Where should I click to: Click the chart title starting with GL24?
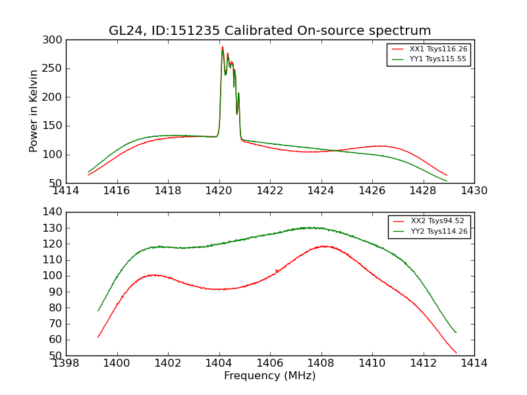[x=270, y=31]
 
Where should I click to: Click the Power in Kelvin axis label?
[x=34, y=111]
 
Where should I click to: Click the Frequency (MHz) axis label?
[x=270, y=376]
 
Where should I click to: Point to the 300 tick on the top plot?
[x=54, y=40]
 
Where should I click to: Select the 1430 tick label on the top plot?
[x=474, y=191]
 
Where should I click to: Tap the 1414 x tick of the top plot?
[x=67, y=191]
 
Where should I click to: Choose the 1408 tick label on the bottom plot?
[x=321, y=363]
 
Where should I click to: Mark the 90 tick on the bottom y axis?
[x=57, y=292]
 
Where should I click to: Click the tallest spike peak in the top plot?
[x=223, y=47]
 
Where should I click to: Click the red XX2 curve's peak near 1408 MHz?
[x=324, y=246]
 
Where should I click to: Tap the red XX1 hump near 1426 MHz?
[x=379, y=146]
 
